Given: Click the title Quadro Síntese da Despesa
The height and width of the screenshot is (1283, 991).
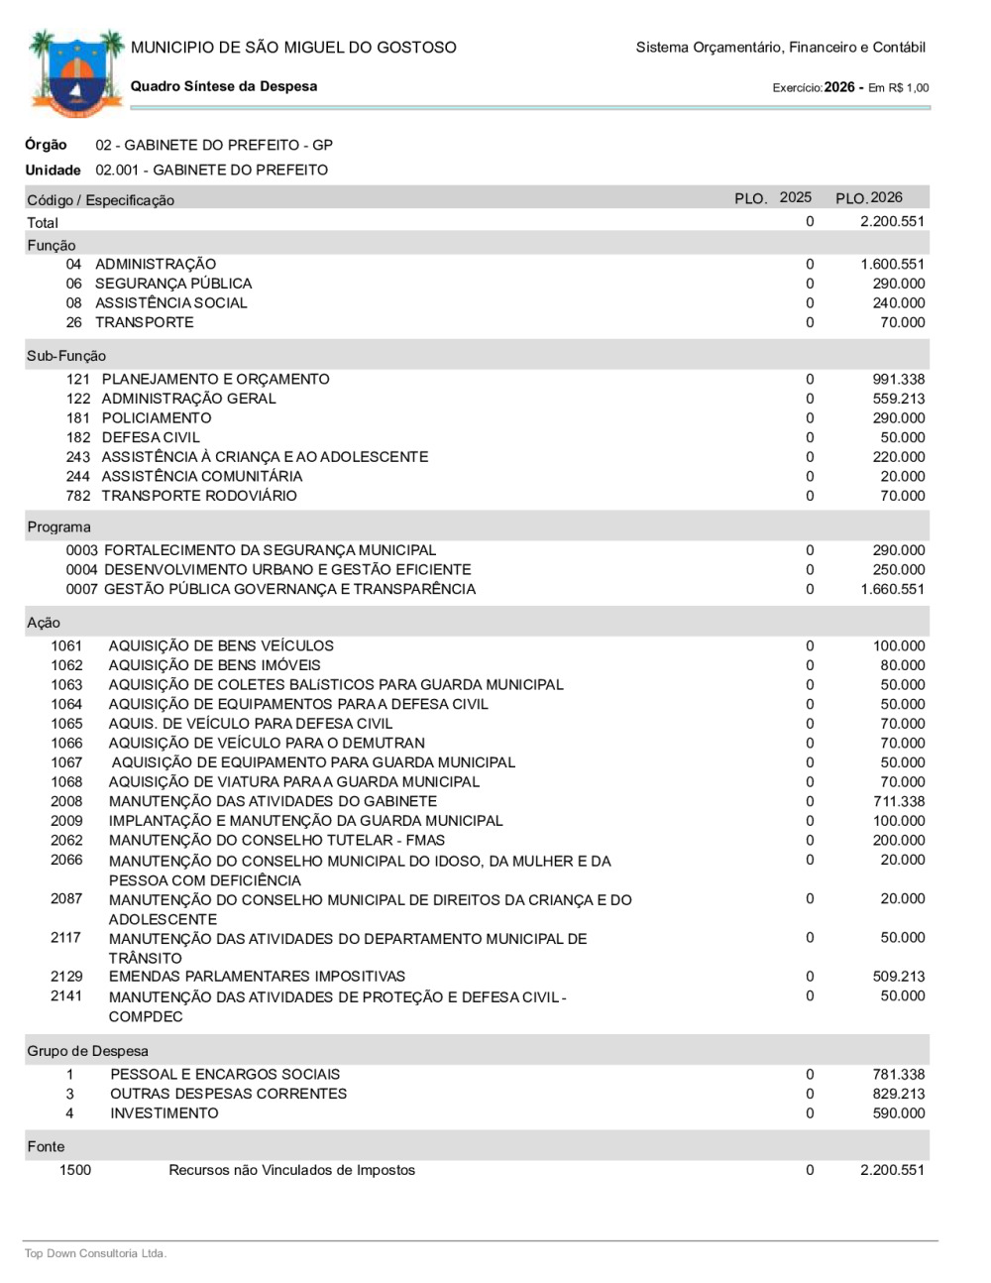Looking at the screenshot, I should (224, 86).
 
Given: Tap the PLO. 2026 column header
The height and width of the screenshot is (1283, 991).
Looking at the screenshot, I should (869, 197).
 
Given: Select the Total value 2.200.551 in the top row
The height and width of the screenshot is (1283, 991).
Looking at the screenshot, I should (892, 221).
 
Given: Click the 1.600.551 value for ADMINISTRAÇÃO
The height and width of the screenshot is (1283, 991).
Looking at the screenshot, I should (892, 264).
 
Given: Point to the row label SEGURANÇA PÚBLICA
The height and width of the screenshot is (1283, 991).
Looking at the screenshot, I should (173, 284).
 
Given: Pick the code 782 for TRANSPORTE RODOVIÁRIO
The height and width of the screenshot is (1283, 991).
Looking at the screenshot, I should (78, 496).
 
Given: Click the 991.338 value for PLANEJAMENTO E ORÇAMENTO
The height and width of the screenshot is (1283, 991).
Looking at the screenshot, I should (898, 379).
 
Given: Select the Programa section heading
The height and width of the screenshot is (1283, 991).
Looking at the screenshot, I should (58, 526).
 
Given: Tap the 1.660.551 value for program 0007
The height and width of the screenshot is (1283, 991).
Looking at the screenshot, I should (892, 589).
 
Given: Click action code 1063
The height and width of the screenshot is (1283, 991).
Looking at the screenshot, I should (67, 684).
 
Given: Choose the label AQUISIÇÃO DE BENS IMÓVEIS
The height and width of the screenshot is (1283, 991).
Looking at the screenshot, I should (214, 665).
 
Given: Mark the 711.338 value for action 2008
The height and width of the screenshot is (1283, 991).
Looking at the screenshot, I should (898, 801).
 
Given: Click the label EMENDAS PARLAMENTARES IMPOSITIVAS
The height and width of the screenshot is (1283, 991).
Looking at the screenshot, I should (257, 977).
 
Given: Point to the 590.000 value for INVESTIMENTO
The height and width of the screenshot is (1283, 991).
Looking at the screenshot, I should (898, 1113).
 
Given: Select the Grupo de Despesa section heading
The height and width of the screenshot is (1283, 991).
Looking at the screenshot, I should (87, 1051).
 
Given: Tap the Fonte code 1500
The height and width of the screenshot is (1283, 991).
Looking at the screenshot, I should (75, 1170).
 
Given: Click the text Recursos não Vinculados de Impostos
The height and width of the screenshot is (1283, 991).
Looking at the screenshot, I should (291, 1170).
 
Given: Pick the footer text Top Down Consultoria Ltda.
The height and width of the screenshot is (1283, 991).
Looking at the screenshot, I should (95, 1253).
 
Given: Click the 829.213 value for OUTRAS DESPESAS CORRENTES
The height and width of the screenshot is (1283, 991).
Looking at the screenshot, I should (898, 1094).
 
